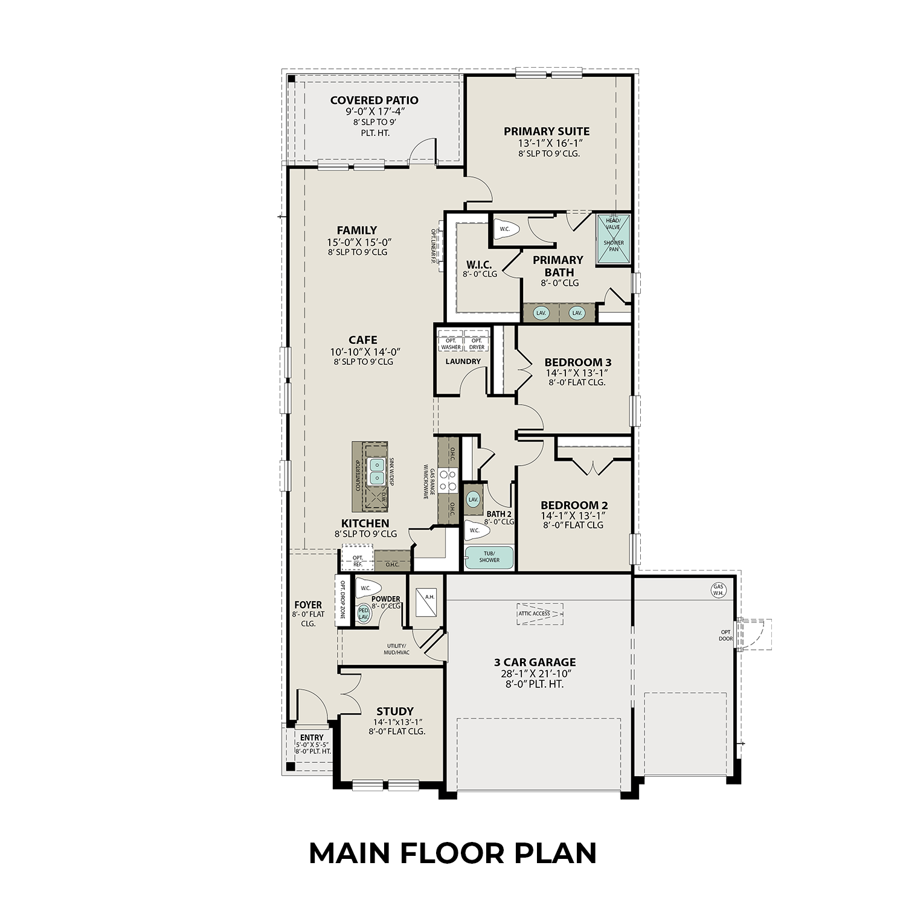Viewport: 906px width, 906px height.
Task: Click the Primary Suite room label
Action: (547, 131)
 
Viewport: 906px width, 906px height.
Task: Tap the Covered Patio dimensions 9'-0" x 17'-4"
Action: (374, 112)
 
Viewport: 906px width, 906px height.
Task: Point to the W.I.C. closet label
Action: (479, 265)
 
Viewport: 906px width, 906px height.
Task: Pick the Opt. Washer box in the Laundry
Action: (451, 344)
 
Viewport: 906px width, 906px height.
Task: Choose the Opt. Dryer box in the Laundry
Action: (477, 344)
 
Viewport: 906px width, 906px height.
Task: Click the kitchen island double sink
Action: (377, 471)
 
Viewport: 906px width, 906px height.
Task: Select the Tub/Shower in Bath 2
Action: (489, 557)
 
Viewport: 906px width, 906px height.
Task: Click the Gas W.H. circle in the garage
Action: (718, 590)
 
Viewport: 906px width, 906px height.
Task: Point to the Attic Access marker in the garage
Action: (539, 614)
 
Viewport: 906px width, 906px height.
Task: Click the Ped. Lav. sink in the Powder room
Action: (364, 614)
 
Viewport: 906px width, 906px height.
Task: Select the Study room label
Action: (395, 711)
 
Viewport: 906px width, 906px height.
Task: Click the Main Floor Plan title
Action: (452, 853)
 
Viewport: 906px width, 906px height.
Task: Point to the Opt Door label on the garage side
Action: (725, 635)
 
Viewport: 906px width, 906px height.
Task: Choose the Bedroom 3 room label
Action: (577, 362)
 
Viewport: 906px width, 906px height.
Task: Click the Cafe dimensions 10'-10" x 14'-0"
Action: (365, 352)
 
